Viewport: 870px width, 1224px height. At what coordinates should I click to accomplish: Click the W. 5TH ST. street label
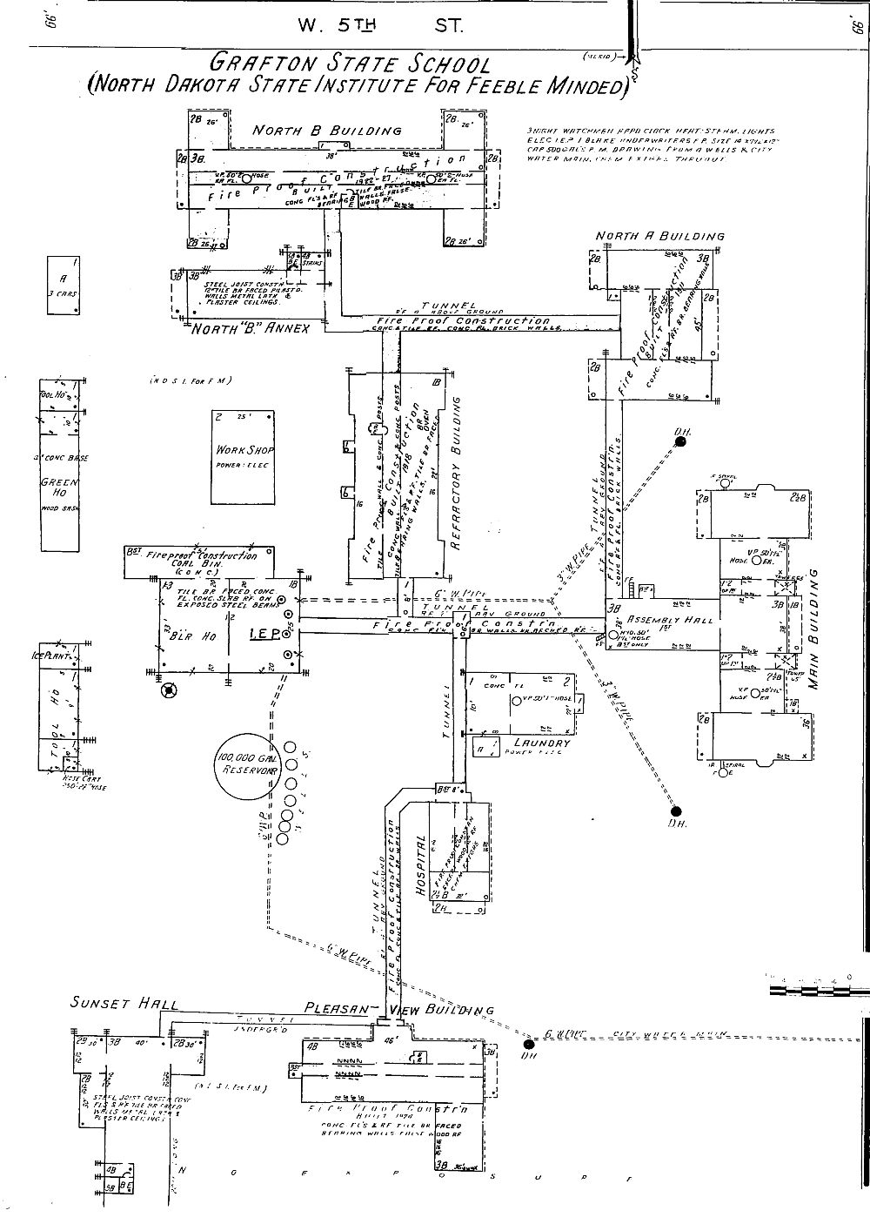[x=380, y=25]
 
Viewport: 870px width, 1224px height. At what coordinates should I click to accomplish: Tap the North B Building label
[x=327, y=131]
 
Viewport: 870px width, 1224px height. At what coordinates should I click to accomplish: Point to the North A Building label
[x=660, y=236]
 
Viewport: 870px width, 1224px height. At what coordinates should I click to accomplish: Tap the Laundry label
[x=541, y=743]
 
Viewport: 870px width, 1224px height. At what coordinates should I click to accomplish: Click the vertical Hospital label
[x=422, y=868]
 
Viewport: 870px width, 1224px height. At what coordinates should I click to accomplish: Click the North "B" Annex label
[x=251, y=330]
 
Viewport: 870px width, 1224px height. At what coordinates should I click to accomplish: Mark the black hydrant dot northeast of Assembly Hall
[x=681, y=442]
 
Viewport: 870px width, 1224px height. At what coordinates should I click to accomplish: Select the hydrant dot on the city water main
[x=528, y=1043]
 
